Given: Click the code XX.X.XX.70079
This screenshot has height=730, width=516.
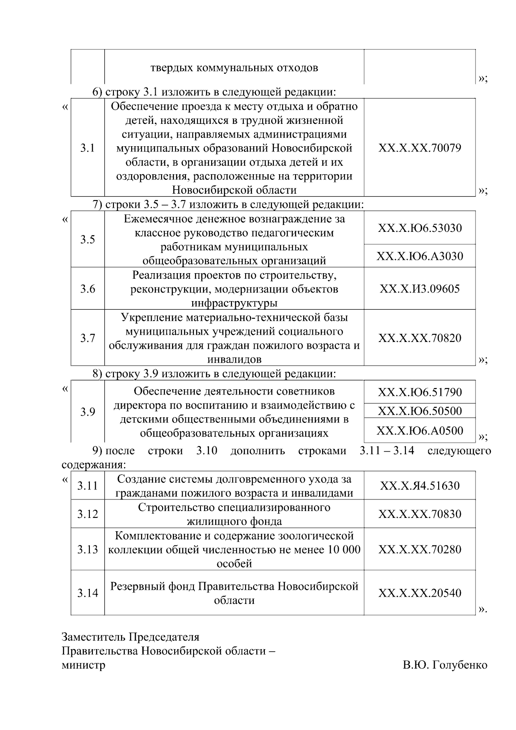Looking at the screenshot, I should point(420,148).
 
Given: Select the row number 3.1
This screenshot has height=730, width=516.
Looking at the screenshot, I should point(87,148).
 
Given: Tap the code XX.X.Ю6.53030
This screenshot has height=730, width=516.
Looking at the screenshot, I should point(420,228).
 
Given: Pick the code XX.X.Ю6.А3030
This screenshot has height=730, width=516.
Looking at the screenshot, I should point(420,256).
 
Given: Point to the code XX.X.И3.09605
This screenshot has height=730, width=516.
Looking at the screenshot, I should point(420,289).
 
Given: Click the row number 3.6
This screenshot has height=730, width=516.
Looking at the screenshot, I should point(87,289).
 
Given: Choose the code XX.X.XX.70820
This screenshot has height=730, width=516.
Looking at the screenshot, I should point(420,338).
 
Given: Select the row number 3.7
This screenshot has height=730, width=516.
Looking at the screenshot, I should point(87,338).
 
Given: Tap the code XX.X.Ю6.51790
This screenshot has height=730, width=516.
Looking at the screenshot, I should point(420,392).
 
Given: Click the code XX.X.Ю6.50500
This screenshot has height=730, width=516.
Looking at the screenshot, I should point(420,411).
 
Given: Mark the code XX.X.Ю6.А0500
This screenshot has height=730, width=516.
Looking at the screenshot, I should point(420,431).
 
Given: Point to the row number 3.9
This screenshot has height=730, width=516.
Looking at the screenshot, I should point(87,412).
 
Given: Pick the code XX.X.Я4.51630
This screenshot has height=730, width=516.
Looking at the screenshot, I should point(420,486).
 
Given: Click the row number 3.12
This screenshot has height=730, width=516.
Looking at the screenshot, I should point(87,514).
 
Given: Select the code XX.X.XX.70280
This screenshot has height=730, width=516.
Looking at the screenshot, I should point(420,550).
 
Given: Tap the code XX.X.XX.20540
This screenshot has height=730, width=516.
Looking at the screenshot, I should point(420,593).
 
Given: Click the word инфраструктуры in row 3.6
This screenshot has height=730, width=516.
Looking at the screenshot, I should point(234,303).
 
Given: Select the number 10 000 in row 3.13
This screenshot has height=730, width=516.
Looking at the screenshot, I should point(344,550).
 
